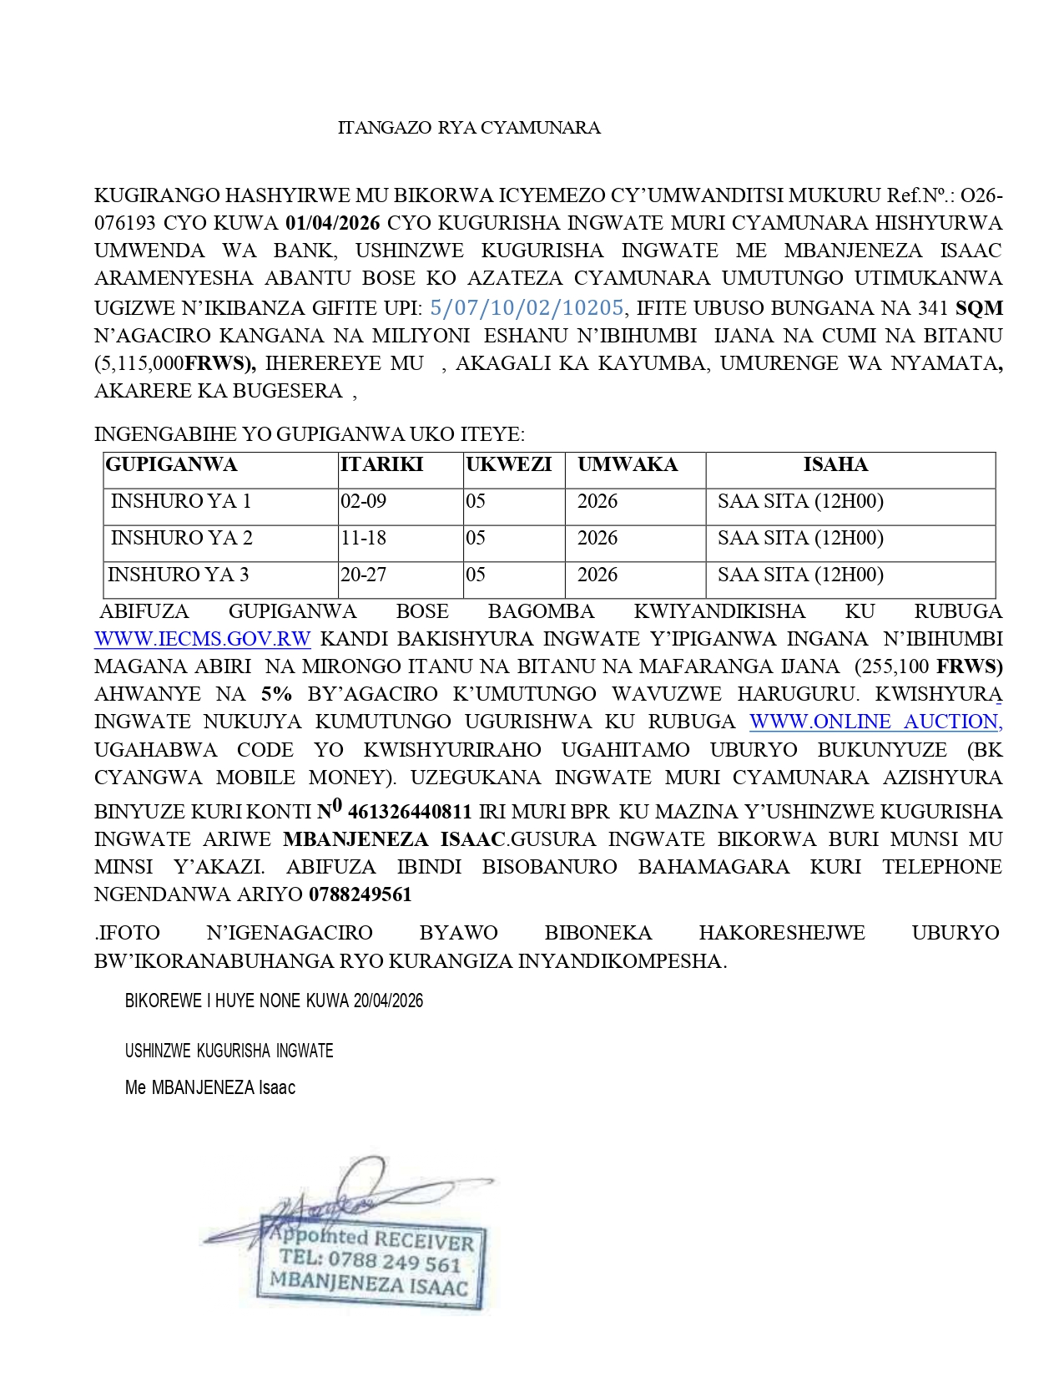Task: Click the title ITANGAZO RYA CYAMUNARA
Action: (x=468, y=128)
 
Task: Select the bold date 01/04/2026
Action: (x=332, y=223)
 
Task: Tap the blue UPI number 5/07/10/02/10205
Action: (x=527, y=307)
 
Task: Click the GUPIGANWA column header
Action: (x=172, y=465)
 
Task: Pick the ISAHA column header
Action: (x=835, y=465)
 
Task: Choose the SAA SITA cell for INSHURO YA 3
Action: (x=799, y=575)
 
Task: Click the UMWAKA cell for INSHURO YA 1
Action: (x=598, y=501)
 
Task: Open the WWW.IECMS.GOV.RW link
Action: (x=203, y=639)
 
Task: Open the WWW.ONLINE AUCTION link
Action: (x=875, y=722)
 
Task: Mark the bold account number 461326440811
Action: (x=409, y=812)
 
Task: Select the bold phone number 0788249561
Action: (x=361, y=894)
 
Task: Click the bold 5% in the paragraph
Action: (x=276, y=694)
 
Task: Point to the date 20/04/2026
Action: (x=388, y=1001)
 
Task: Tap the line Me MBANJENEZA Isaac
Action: (x=210, y=1087)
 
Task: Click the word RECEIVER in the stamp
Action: (x=424, y=1240)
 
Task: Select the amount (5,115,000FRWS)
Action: (x=175, y=363)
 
